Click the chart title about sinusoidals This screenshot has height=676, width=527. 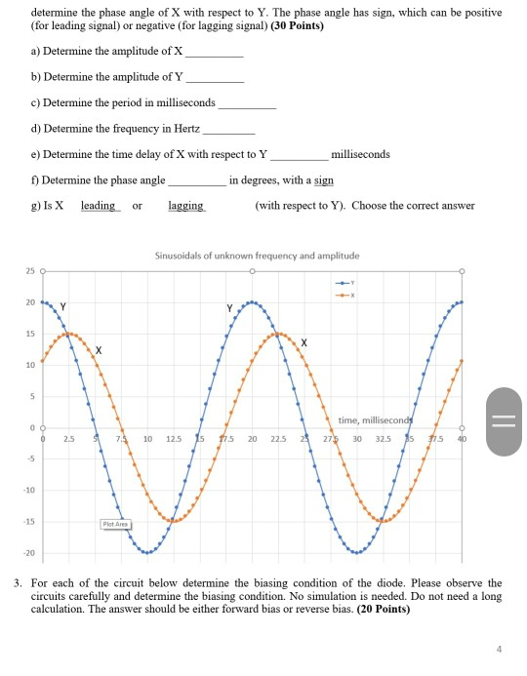tap(258, 256)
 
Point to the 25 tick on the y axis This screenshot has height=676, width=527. tap(29, 269)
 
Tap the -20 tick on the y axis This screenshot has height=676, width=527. tap(29, 552)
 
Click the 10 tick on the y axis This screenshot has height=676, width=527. tap(29, 364)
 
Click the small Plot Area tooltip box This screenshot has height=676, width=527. tap(116, 525)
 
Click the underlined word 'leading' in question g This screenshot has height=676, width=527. tap(98, 206)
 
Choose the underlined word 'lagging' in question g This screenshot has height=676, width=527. tap(185, 206)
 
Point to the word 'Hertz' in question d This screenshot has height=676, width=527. tap(183, 129)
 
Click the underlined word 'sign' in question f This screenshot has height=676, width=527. tap(324, 180)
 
